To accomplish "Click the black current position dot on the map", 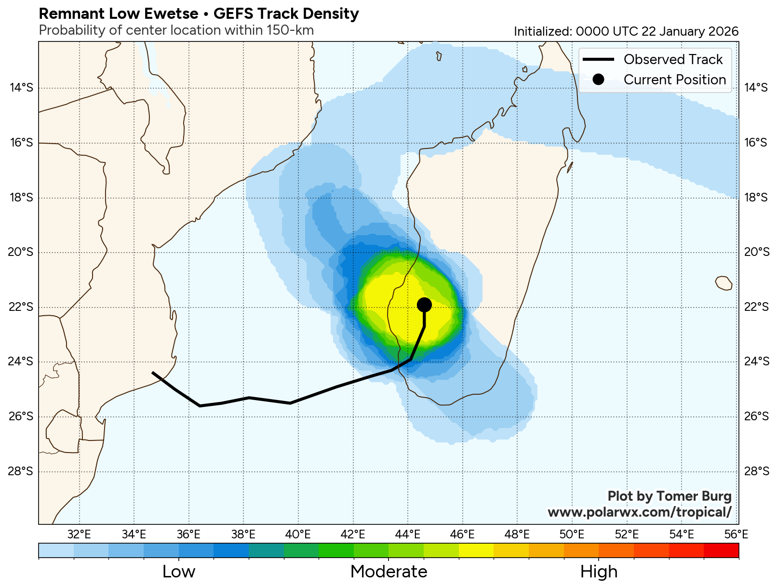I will point(424,305).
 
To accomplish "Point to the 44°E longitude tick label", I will point(408,535).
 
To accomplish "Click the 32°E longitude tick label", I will point(79,535).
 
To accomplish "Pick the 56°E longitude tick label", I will point(736,535).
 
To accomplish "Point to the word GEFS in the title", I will point(230,14).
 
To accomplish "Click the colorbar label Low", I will point(179,572).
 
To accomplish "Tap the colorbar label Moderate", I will point(388,572).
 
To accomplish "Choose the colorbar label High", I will point(599,572).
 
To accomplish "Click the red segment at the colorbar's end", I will point(721,550).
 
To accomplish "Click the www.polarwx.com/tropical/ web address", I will point(640,512).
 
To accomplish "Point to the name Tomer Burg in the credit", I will point(694,496).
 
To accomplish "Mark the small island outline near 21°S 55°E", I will point(723,283).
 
